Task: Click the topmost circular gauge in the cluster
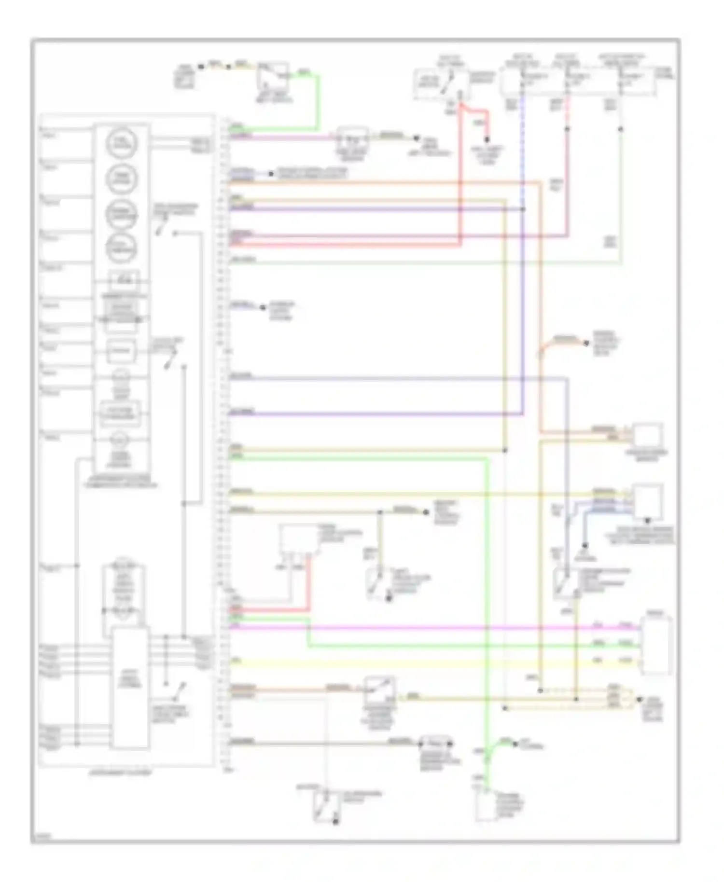pos(122,143)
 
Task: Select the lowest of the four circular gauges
pos(122,248)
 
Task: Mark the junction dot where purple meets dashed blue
pos(523,209)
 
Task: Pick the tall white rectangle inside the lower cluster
pos(130,688)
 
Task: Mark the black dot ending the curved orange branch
pos(586,343)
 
